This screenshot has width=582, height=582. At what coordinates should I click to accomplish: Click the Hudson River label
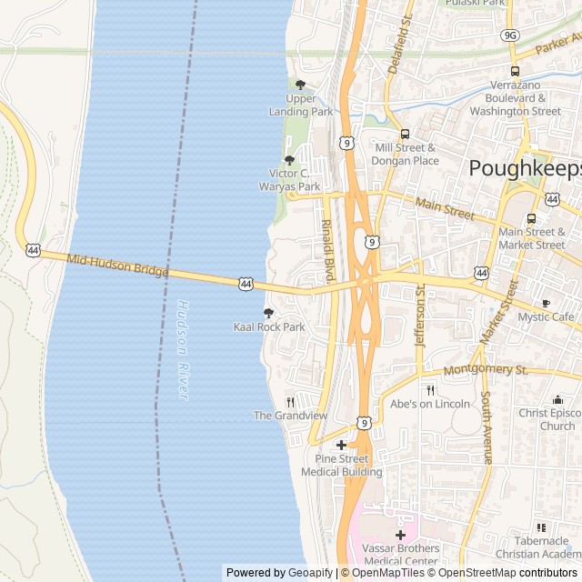[183, 350]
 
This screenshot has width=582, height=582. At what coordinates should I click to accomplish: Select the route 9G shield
[510, 35]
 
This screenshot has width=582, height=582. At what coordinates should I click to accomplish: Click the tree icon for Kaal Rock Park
[268, 313]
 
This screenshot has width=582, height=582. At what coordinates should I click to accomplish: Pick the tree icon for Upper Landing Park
[301, 85]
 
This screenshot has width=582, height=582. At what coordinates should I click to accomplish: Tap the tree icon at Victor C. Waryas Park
[289, 160]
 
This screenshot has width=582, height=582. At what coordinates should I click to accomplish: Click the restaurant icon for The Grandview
[290, 401]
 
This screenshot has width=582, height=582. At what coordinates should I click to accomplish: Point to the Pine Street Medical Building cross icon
[341, 445]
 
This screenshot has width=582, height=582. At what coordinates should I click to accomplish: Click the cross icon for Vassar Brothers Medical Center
[400, 535]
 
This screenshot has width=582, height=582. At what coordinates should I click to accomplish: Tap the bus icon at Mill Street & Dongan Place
[405, 134]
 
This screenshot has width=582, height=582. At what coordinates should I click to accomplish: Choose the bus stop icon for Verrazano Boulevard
[515, 71]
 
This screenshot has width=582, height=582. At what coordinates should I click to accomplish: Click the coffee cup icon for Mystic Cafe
[546, 303]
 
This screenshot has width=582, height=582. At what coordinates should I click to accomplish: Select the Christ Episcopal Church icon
[557, 399]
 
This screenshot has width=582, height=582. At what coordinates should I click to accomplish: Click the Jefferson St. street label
[419, 315]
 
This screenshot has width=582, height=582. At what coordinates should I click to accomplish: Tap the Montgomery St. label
[486, 370]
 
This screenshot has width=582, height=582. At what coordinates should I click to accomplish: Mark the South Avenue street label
[487, 427]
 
